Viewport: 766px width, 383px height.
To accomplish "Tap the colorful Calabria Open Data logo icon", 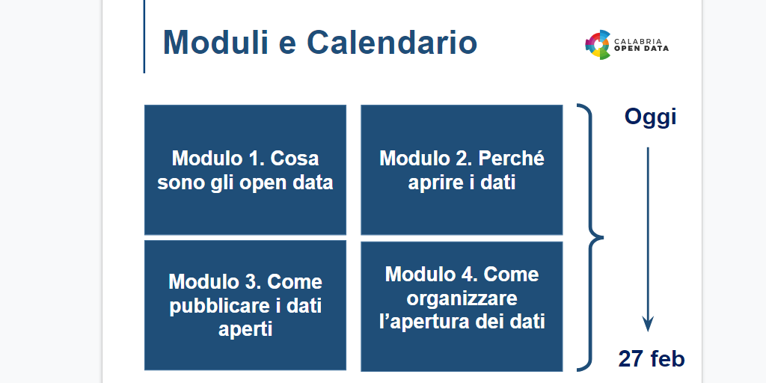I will pos(598,45).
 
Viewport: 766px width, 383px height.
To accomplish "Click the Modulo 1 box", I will pos(245,170).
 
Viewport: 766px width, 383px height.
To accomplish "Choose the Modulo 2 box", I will pos(462,170).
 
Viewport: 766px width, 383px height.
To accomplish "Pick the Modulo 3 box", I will pos(245,305).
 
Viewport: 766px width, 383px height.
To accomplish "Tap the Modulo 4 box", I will pos(462,305).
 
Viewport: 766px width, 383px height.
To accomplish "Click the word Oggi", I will pos(650,117).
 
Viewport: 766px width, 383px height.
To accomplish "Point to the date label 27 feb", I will pos(651,359).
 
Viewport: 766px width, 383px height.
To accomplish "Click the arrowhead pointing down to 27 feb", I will pos(648,324).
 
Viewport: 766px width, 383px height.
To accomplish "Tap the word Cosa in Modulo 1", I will pos(295,159).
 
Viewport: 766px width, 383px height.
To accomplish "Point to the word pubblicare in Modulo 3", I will pos(215,306).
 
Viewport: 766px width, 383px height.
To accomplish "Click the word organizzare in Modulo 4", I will pos(462,298).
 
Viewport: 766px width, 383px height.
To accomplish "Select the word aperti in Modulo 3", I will pos(245,329).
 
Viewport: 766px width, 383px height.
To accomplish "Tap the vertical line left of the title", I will pos(144,37).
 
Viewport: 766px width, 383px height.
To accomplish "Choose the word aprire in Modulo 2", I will pos(435,182).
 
